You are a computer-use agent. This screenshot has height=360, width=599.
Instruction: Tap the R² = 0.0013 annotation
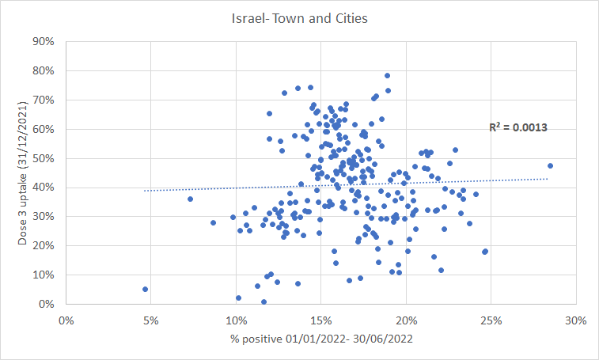518,127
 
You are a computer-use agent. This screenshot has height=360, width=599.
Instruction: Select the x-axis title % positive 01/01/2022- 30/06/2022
319,341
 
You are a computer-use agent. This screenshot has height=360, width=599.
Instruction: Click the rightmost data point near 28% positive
550,166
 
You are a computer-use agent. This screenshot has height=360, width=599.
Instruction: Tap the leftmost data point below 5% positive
146,290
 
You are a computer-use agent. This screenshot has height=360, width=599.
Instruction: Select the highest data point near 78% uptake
388,76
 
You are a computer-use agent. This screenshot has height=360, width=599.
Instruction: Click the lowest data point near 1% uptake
263,301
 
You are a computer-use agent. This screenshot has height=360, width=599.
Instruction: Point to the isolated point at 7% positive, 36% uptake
190,199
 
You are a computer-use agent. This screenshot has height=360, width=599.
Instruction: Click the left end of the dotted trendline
145,191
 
